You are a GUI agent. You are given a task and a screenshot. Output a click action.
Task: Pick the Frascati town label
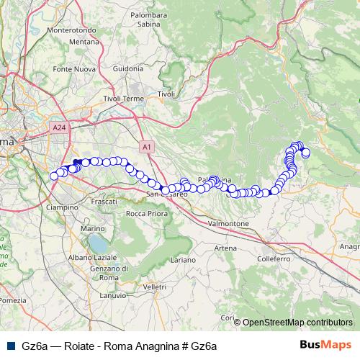coord(105,203)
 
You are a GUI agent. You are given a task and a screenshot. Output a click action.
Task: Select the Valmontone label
coord(228,224)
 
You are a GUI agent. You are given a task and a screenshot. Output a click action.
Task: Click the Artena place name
coord(225,248)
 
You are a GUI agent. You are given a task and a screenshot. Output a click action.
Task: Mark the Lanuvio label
coord(113,295)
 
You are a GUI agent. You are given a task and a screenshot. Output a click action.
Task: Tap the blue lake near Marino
coord(96,245)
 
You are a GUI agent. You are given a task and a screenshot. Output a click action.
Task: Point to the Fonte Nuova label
coord(71,69)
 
